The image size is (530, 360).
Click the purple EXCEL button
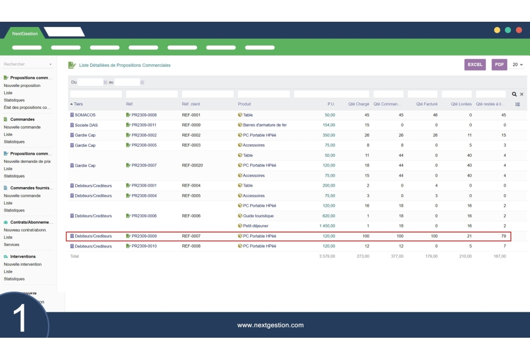475,65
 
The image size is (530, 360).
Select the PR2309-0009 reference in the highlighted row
144,236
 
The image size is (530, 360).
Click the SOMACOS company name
85,115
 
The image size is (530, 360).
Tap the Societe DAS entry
86,125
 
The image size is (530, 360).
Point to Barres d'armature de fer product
264,125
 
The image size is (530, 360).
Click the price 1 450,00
323,226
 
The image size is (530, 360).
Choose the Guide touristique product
258,216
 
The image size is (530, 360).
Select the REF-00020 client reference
192,165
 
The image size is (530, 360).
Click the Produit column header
244,104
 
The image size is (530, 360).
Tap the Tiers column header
78,104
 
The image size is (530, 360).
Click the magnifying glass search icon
514,94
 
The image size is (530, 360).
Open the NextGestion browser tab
25,33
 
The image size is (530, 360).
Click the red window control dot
519,30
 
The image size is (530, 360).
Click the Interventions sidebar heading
23,257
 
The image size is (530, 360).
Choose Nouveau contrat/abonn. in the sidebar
25,230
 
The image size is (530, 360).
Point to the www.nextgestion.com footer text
270,325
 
